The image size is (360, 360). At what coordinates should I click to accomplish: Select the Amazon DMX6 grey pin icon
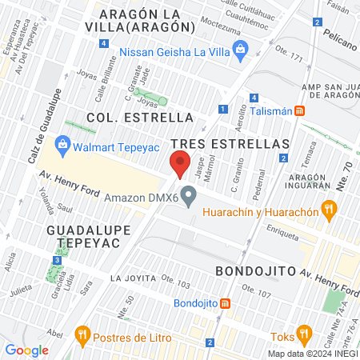[x=189, y=196]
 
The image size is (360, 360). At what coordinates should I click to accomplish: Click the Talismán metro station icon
[x=298, y=111]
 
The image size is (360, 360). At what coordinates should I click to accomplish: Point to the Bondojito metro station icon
[x=226, y=303]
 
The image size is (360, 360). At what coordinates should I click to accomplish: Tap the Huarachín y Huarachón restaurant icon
[x=327, y=210]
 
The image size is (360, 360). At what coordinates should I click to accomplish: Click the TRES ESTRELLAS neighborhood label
[x=230, y=142]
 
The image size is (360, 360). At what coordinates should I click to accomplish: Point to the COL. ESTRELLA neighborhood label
[x=140, y=117]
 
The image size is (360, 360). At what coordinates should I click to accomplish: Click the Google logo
[x=27, y=350]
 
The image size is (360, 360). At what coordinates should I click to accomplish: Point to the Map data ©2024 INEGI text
[x=311, y=354]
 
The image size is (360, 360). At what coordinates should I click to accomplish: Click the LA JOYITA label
[x=131, y=278]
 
